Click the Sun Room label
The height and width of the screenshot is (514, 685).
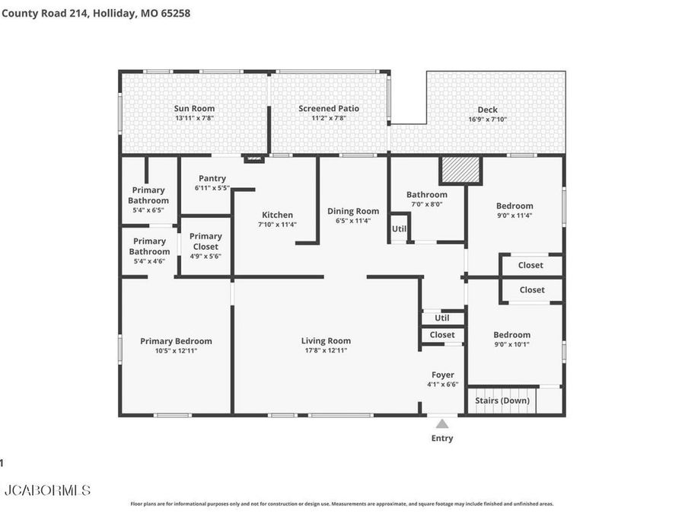tap(194, 108)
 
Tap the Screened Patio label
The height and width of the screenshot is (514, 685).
tap(328, 108)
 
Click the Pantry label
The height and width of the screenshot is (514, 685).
tap(212, 178)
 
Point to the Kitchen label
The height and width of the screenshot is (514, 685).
tap(277, 215)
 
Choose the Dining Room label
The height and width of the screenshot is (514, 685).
tap(352, 211)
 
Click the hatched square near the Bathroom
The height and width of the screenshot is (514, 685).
tap(460, 170)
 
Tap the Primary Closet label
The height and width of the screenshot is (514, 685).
tap(205, 241)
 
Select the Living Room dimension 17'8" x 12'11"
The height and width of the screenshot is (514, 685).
tap(326, 351)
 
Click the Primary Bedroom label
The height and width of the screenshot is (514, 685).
tap(176, 341)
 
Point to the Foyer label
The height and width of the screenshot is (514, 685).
tap(442, 375)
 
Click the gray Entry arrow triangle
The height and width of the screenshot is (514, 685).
tap(442, 423)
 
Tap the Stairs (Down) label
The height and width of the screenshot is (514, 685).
tap(502, 401)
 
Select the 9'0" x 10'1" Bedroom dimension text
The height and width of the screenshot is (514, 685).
tap(511, 344)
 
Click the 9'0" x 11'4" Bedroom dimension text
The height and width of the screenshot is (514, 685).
tap(515, 215)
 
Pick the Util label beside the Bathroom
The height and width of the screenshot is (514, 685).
tap(399, 228)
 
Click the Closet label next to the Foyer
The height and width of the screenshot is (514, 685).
tap(442, 334)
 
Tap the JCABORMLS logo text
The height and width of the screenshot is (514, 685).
tap(47, 490)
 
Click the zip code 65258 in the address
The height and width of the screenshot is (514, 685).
tap(174, 13)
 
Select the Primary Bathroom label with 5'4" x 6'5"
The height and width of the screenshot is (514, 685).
tap(148, 196)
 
